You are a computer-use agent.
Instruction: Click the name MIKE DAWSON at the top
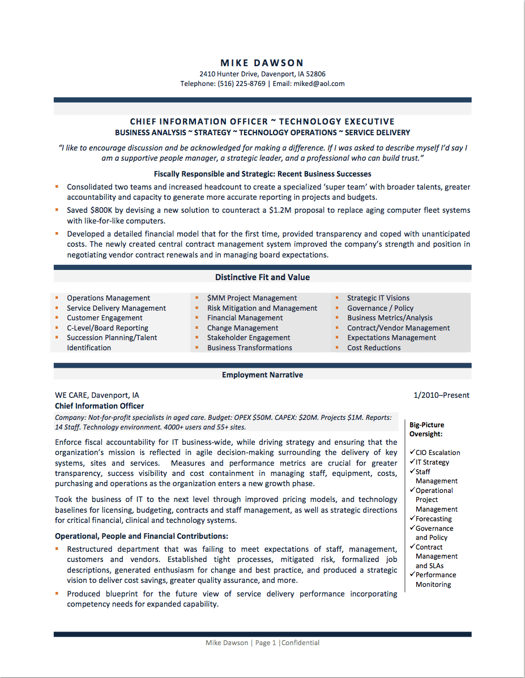pyautogui.click(x=262, y=63)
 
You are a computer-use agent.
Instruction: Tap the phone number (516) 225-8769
pyautogui.click(x=241, y=84)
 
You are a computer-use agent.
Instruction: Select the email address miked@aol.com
pyautogui.click(x=319, y=84)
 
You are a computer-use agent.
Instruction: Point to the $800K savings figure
pyautogui.click(x=101, y=211)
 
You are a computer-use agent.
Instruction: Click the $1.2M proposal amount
pyautogui.click(x=284, y=211)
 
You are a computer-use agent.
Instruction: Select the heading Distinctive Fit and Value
pyautogui.click(x=262, y=277)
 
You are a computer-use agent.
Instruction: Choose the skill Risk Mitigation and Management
pyautogui.click(x=262, y=308)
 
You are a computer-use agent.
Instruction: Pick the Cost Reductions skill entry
pyautogui.click(x=374, y=348)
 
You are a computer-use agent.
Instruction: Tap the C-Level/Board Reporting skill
pyautogui.click(x=108, y=328)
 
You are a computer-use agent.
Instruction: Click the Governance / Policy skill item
pyautogui.click(x=380, y=308)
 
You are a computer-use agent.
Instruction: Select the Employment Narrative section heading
pyautogui.click(x=262, y=375)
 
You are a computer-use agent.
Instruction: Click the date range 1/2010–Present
pyautogui.click(x=441, y=396)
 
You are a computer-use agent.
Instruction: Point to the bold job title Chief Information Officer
pyautogui.click(x=99, y=406)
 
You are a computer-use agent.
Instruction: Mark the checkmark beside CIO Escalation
pyautogui.click(x=412, y=452)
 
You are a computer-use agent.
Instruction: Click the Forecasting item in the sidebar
pyautogui.click(x=433, y=519)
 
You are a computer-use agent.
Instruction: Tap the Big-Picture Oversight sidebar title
pyautogui.click(x=426, y=430)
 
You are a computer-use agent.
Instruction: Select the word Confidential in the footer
pyautogui.click(x=301, y=643)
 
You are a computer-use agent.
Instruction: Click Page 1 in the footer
pyautogui.click(x=266, y=643)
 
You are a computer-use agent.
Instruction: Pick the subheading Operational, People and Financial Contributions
pyautogui.click(x=141, y=536)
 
